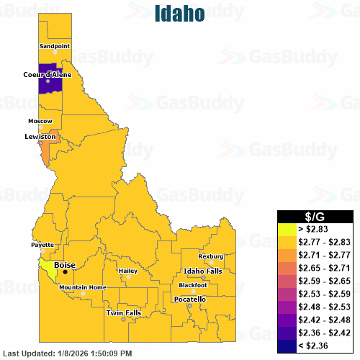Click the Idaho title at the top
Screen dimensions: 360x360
click(179, 13)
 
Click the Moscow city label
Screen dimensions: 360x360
click(40, 120)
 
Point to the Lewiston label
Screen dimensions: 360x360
click(40, 136)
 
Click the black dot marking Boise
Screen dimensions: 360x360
click(65, 271)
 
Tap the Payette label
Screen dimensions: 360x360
click(42, 245)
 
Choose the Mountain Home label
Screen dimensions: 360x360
click(83, 287)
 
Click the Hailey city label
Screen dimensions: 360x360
click(128, 271)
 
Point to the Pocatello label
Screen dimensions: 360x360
click(190, 299)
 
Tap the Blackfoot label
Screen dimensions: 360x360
click(193, 285)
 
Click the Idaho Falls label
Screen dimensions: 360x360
click(203, 270)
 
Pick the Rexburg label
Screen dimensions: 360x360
click(211, 256)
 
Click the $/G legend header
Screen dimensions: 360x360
click(317, 216)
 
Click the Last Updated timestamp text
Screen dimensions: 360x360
click(68, 353)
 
